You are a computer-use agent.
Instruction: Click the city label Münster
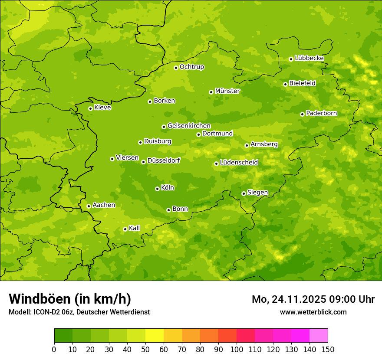pyautogui.click(x=227, y=91)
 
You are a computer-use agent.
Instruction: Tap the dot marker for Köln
pyautogui.click(x=157, y=189)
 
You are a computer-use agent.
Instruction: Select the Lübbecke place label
pyautogui.click(x=309, y=58)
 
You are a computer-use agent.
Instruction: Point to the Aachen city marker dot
pyautogui.click(x=89, y=206)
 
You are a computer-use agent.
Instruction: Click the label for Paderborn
pyautogui.click(x=321, y=113)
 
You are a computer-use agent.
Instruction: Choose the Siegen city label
pyautogui.click(x=257, y=193)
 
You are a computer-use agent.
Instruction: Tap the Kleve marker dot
pyautogui.click(x=90, y=108)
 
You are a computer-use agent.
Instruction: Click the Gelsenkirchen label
pyautogui.click(x=189, y=126)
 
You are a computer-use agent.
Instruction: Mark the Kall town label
pyautogui.click(x=134, y=228)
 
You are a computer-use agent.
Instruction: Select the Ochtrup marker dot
pyautogui.click(x=176, y=68)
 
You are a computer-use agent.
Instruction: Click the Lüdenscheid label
pyautogui.click(x=239, y=163)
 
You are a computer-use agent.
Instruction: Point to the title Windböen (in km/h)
pyautogui.click(x=70, y=299)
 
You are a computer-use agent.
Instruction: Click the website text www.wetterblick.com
pyautogui.click(x=313, y=312)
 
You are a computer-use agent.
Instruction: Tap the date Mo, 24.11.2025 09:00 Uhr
pyautogui.click(x=313, y=299)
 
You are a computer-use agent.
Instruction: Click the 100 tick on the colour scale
pyautogui.click(x=237, y=349)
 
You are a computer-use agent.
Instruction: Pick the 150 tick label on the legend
pyautogui.click(x=327, y=349)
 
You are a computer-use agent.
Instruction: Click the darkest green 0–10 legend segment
pyautogui.click(x=63, y=336)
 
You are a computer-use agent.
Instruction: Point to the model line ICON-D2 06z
pyautogui.click(x=79, y=312)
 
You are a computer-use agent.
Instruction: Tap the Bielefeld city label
pyautogui.click(x=302, y=83)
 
